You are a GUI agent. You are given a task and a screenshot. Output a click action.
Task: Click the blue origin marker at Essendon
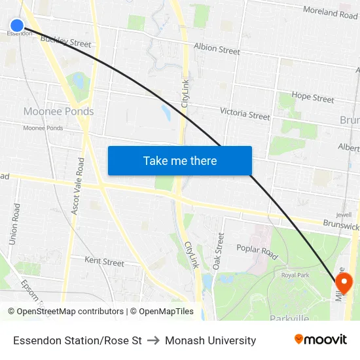tap(17, 26)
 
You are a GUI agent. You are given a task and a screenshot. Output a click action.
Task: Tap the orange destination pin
tap(343, 282)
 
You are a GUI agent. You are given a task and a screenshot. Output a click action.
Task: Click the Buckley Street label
tap(65, 41)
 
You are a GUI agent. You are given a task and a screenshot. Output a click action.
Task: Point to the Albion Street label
tap(217, 49)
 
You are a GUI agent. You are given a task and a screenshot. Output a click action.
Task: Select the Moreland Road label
tap(330, 12)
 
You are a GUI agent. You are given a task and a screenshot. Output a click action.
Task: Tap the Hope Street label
tap(313, 97)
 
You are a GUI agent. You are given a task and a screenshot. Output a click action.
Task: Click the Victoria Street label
tap(245, 114)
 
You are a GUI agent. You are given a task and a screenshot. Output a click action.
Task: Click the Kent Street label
tap(104, 262)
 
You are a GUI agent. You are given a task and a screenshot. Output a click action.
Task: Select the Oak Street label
tap(219, 251)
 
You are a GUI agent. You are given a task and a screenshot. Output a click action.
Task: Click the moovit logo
tap(321, 340)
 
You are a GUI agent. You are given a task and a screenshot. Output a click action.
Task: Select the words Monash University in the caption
tap(211, 340)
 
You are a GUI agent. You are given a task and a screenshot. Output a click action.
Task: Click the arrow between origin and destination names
tap(153, 340)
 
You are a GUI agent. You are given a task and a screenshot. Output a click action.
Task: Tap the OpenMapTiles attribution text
tap(162, 312)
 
